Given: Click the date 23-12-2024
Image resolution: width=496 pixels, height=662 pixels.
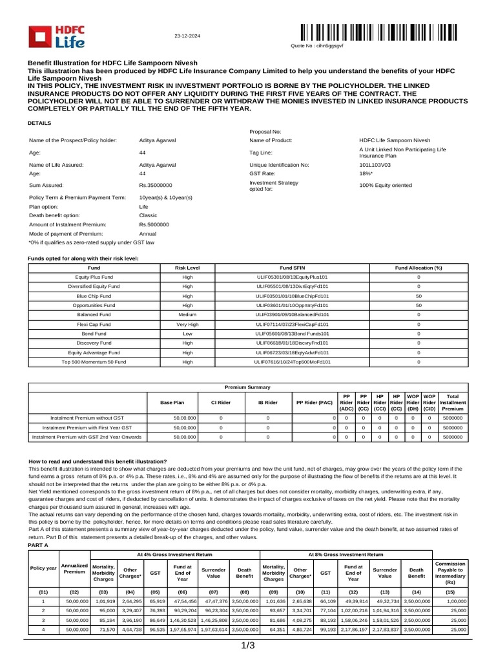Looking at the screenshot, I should pos(188,36).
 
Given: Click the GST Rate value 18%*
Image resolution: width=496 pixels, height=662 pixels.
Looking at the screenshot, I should pos(366,174).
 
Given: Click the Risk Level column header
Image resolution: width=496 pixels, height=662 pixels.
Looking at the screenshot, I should pos(187,268).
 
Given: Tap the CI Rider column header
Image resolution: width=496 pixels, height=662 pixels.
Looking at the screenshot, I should pos(221,402).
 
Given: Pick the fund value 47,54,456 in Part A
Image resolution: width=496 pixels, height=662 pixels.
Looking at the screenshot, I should pos(183,601).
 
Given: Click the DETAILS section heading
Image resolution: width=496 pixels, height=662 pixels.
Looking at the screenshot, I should pos(39,122).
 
